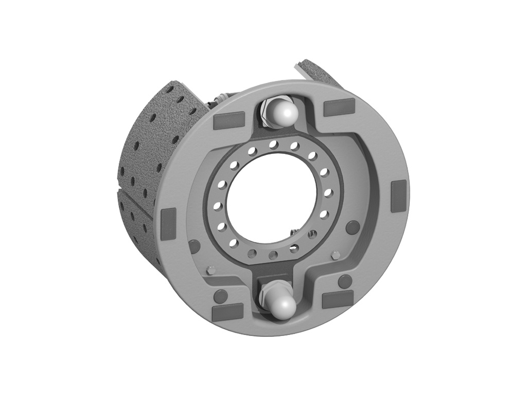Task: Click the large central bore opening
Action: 271,197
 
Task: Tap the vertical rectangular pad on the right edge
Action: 398,196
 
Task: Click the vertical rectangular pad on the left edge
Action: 168,223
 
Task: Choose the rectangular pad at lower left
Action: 227,311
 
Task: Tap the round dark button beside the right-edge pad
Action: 353,227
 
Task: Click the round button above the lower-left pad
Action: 220,296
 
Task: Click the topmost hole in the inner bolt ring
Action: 274,145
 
